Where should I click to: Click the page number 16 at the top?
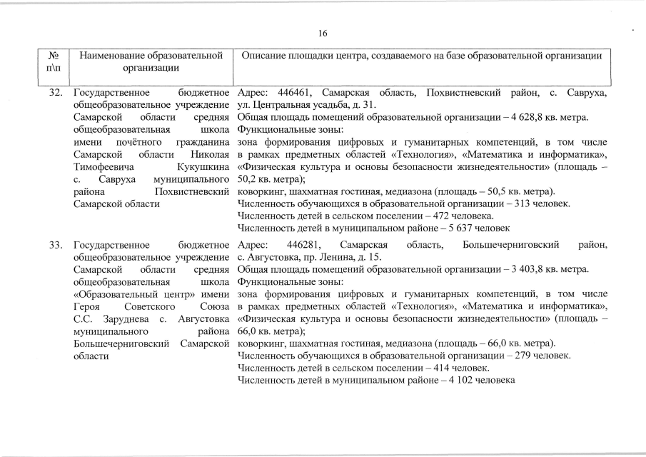point(323,34)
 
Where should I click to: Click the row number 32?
point(57,94)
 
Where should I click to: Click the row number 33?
point(57,245)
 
